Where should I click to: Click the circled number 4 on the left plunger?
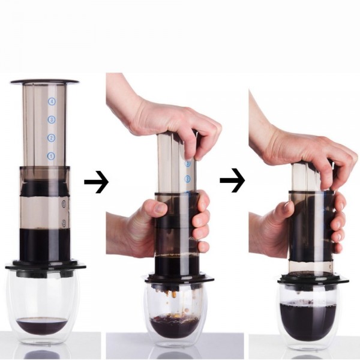[x=52, y=102]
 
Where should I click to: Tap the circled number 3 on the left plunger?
[x=52, y=120]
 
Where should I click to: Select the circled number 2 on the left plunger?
[x=52, y=138]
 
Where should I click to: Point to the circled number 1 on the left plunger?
[x=51, y=156]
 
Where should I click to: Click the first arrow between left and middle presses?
[x=96, y=182]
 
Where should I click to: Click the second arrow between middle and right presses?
[x=232, y=182]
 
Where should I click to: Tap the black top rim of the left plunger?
[x=44, y=81]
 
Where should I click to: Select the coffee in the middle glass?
[x=175, y=325]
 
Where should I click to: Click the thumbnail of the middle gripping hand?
[x=160, y=208]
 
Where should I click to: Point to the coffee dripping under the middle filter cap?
[x=173, y=293]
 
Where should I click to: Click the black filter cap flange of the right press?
[x=313, y=280]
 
